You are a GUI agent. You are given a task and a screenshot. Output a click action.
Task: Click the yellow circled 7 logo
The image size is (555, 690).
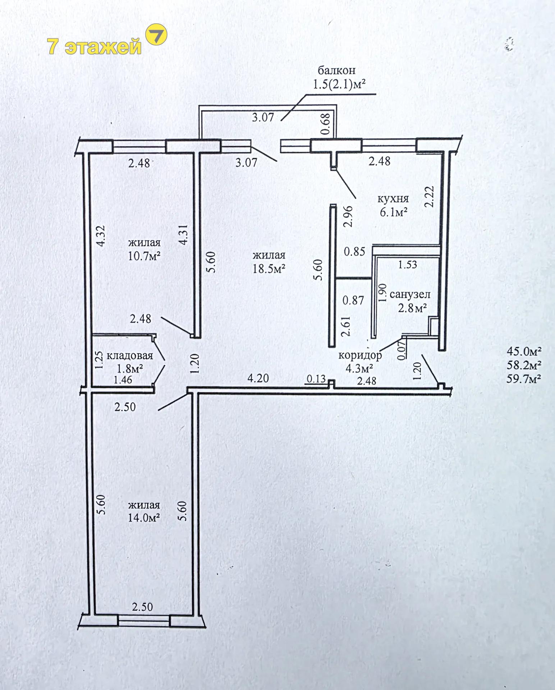(x=156, y=35)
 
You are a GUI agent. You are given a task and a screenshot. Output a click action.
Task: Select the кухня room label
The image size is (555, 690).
(x=393, y=199)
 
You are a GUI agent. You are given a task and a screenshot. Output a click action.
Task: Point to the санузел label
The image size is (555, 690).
(x=410, y=295)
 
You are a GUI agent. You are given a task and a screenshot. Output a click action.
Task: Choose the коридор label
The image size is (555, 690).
(x=360, y=355)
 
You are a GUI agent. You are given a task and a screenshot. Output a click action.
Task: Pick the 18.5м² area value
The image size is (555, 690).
(x=269, y=268)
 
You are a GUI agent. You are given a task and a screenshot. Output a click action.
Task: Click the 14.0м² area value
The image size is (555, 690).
(x=144, y=518)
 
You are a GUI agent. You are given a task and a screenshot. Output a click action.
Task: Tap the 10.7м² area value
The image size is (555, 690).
(x=144, y=256)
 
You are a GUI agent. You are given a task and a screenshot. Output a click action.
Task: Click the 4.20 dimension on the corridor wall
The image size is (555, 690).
(x=258, y=378)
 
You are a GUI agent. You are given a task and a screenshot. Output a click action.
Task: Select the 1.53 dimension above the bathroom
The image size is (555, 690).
(x=408, y=264)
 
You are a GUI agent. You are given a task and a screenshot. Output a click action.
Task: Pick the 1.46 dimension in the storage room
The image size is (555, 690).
(x=123, y=379)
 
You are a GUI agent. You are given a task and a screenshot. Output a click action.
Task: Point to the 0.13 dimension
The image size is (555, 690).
(x=316, y=378)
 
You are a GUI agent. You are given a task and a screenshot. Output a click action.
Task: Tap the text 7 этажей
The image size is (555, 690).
(x=95, y=47)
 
